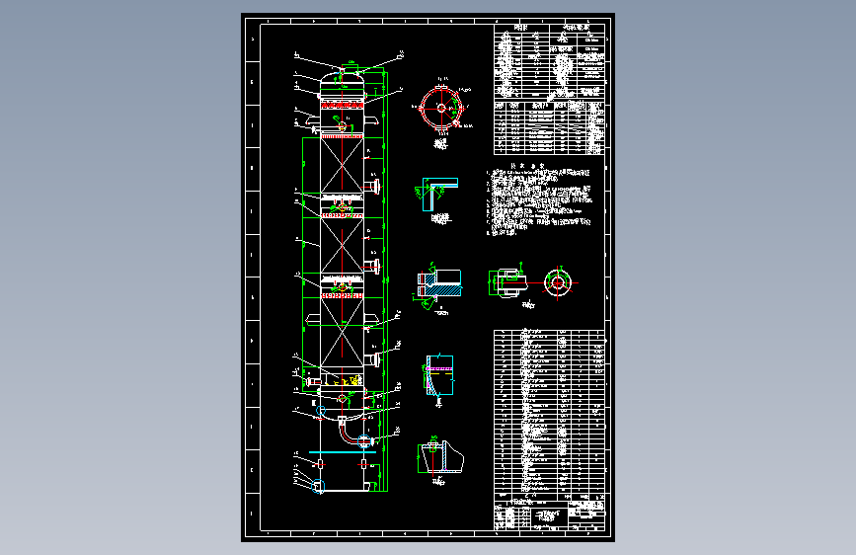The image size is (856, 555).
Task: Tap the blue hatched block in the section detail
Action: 442,291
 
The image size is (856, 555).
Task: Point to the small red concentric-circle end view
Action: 558,282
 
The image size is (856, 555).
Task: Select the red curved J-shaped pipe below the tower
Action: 343,429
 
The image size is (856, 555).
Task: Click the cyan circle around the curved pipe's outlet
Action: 364,438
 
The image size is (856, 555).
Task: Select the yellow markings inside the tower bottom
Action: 348,380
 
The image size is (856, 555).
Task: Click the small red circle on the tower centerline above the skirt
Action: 342,398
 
